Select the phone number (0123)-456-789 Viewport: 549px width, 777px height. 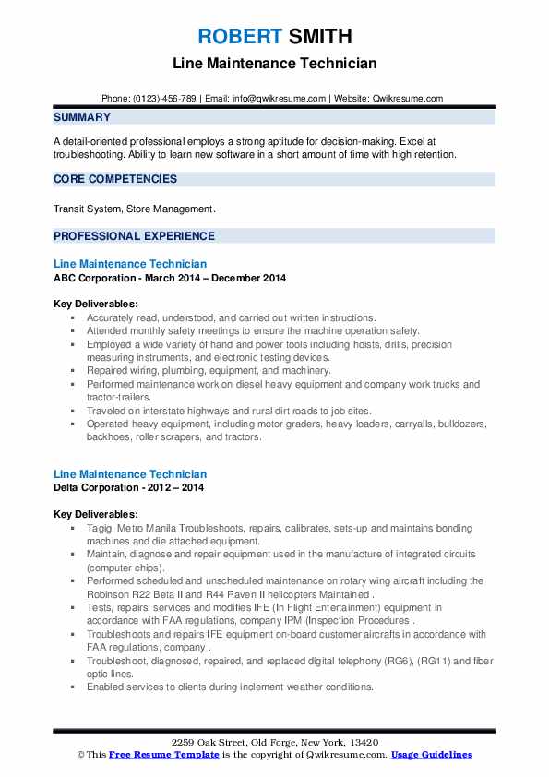164,99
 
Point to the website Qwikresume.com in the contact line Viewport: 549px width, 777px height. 409,99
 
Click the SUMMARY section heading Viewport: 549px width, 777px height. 82,117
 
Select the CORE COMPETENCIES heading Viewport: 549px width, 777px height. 115,179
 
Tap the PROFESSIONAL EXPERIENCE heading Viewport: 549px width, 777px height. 134,235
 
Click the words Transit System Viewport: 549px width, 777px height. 87,209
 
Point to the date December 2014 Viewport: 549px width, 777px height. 251,278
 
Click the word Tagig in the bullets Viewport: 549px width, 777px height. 101,529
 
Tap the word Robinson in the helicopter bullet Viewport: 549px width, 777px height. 110,594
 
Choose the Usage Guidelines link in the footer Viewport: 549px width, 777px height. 431,755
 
